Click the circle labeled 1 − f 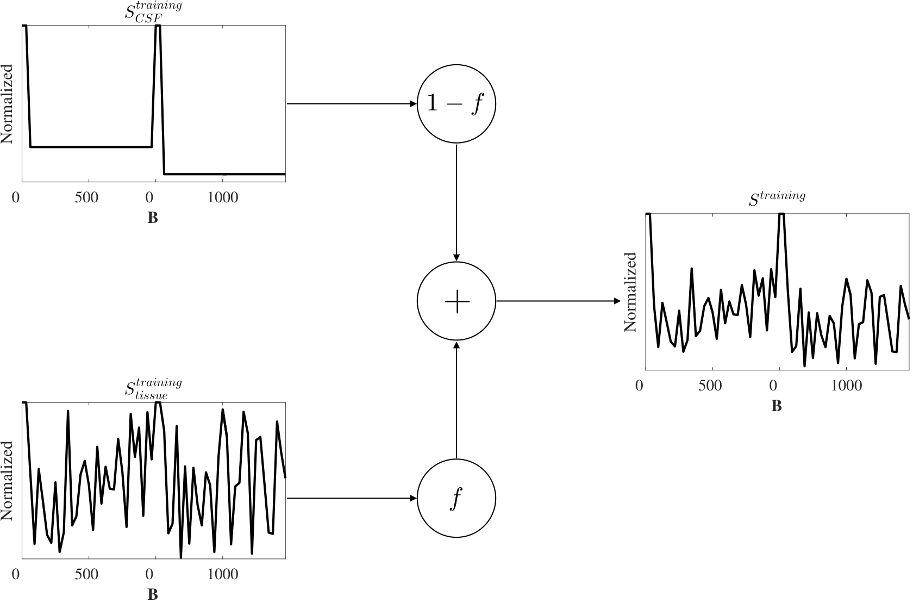pyautogui.click(x=456, y=104)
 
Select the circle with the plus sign pyautogui.click(x=456, y=301)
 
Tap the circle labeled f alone pyautogui.click(x=456, y=498)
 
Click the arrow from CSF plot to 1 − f pyautogui.click(x=351, y=104)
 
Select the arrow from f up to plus pyautogui.click(x=456, y=400)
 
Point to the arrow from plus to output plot pyautogui.click(x=558, y=301)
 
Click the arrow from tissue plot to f pyautogui.click(x=351, y=498)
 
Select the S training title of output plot pyautogui.click(x=777, y=198)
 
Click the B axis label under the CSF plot pyautogui.click(x=153, y=218)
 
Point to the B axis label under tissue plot pyautogui.click(x=153, y=594)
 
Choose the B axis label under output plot pyautogui.click(x=777, y=406)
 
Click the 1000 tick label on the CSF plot pyautogui.click(x=223, y=197)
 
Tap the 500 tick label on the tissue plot pyautogui.click(x=86, y=574)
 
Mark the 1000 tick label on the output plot pyautogui.click(x=847, y=386)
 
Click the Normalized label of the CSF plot pyautogui.click(x=8, y=104)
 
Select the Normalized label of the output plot pyautogui.click(x=630, y=292)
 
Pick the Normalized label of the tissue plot pyautogui.click(x=8, y=481)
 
